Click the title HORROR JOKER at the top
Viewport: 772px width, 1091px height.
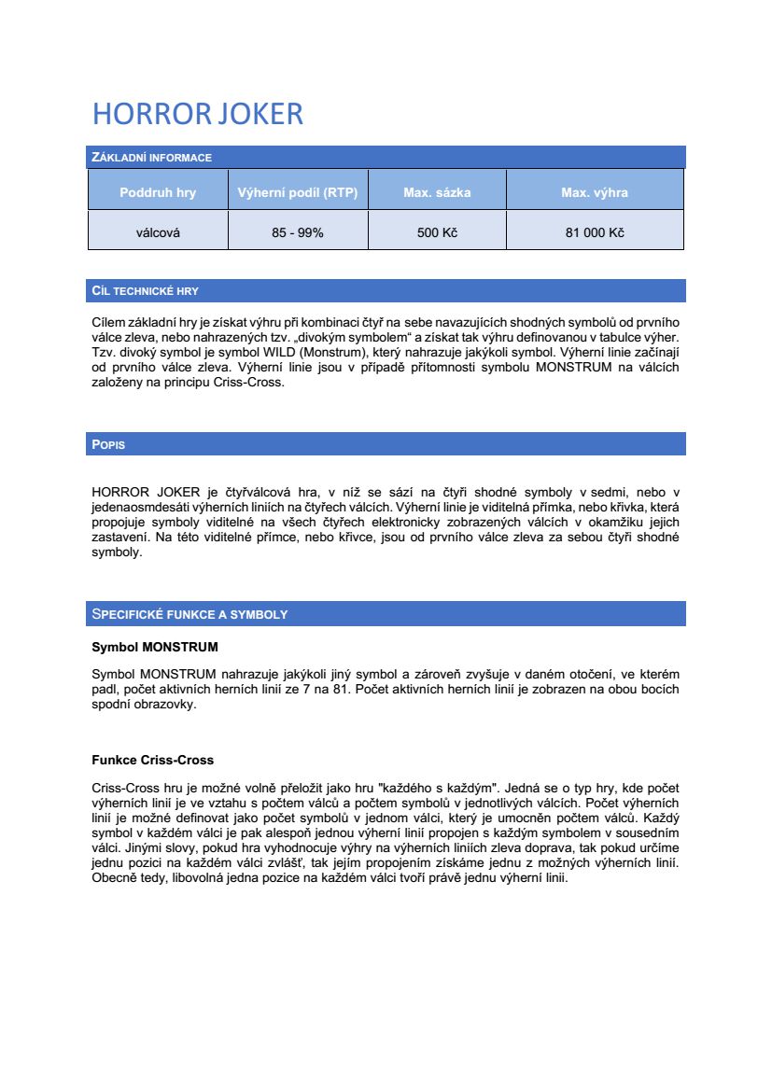tap(198, 114)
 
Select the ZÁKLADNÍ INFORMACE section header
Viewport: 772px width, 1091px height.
tap(151, 158)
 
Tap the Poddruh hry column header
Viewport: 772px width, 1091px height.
tap(158, 193)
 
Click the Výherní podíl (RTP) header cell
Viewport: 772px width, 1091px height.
tap(298, 193)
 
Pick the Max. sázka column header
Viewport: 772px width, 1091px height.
tap(437, 193)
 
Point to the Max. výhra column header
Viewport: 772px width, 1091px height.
tap(595, 193)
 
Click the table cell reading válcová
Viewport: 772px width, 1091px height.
tap(158, 232)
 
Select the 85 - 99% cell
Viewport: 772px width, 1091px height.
tap(298, 232)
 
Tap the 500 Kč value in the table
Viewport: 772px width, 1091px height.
tap(437, 232)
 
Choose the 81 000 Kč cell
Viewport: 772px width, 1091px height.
tap(595, 232)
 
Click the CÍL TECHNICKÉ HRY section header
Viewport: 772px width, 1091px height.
tap(145, 291)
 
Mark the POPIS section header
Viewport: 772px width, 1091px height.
tap(108, 445)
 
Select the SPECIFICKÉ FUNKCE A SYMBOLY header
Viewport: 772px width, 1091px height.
tap(189, 614)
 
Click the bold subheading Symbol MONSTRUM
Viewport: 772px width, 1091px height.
tap(155, 647)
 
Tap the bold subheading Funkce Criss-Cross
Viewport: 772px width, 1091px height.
tap(153, 760)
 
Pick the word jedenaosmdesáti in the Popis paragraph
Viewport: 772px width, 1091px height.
tap(136, 506)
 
